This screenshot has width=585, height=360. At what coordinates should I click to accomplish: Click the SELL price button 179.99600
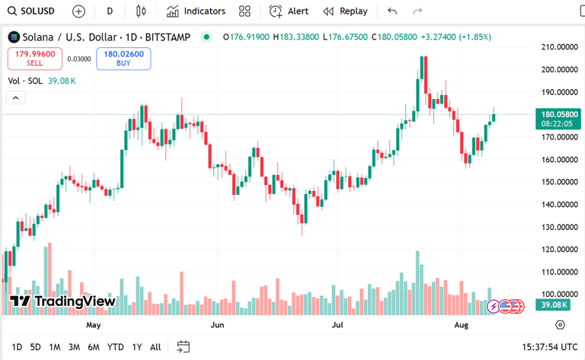(x=34, y=58)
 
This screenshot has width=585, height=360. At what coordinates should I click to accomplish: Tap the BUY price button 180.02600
(x=123, y=58)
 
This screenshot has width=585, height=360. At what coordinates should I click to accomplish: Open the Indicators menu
(x=197, y=11)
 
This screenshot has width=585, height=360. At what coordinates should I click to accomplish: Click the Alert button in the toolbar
(x=289, y=11)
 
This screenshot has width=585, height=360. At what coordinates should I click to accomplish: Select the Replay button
(x=345, y=11)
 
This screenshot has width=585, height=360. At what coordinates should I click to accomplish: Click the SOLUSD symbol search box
(x=31, y=11)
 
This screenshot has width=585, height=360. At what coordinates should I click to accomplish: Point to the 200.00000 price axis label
(x=558, y=69)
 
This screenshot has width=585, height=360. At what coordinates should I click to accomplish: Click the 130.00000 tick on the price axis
(x=558, y=227)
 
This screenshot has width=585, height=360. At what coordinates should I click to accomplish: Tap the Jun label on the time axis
(x=217, y=325)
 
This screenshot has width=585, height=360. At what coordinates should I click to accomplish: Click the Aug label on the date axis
(x=461, y=325)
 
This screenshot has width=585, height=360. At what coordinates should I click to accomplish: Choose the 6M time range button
(x=93, y=347)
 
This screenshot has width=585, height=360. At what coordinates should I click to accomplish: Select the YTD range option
(x=116, y=347)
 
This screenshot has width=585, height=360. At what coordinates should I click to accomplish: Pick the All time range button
(x=155, y=347)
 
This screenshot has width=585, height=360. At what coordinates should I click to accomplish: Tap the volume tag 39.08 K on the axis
(x=553, y=304)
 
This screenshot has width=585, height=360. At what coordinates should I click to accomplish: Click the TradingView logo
(x=62, y=301)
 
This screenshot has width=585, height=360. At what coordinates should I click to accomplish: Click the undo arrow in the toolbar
(x=392, y=11)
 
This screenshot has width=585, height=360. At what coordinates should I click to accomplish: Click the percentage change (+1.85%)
(x=475, y=37)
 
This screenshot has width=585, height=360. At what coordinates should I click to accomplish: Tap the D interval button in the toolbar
(x=110, y=11)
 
